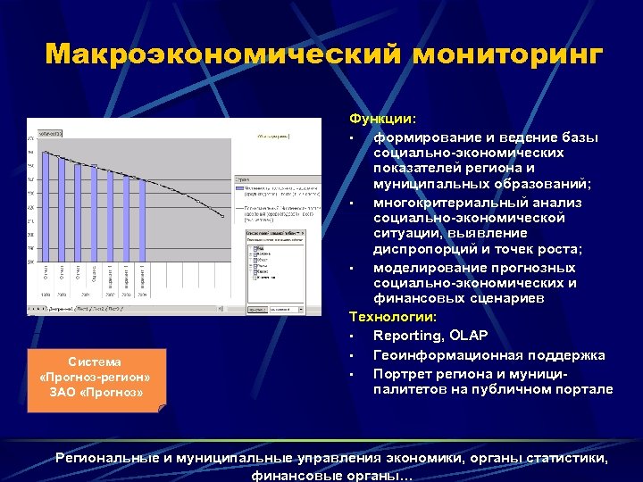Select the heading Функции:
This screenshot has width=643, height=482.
pyautogui.click(x=382, y=119)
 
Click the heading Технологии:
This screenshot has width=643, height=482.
pyautogui.click(x=394, y=317)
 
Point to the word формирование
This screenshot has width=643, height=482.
pyautogui.click(x=423, y=137)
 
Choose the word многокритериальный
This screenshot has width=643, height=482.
pyautogui.click(x=445, y=203)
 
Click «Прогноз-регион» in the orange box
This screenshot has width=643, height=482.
pyautogui.click(x=96, y=377)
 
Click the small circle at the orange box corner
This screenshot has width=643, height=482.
pyautogui.click(x=162, y=410)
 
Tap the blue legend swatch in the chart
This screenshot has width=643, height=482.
pyautogui.click(x=238, y=188)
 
